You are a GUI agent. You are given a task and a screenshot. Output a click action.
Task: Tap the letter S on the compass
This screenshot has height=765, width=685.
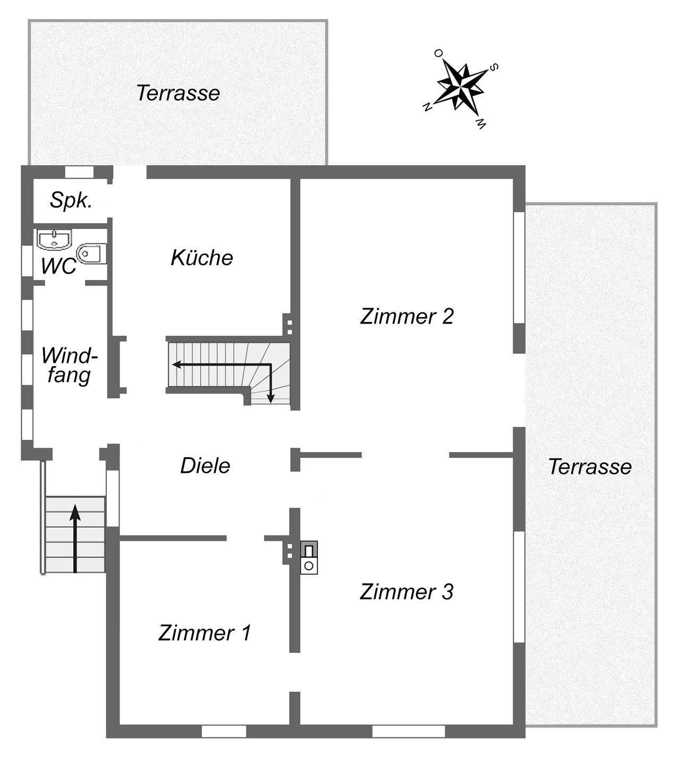click(494, 67)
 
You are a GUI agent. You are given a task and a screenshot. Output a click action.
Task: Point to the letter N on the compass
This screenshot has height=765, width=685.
click(426, 107)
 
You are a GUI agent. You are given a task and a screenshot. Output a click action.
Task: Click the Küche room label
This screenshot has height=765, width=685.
click(202, 258)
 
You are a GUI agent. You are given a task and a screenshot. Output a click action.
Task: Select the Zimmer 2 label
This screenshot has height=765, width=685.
click(407, 316)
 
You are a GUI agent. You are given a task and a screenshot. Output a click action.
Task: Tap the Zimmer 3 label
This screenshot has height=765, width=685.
click(407, 592)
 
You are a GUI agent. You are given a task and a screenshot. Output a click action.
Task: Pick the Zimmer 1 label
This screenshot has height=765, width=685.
click(204, 633)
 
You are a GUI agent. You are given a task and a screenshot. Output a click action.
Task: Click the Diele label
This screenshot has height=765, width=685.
click(205, 466)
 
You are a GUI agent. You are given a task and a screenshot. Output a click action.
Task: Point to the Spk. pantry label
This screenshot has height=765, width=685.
click(71, 200)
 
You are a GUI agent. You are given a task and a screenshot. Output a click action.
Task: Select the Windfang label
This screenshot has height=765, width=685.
click(69, 365)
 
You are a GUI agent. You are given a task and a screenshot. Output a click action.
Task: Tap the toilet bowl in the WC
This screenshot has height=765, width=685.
click(91, 254)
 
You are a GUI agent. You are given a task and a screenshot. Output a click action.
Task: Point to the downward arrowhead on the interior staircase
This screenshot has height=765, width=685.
click(270, 398)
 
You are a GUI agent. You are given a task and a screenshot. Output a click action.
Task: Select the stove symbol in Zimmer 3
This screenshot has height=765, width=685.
click(309, 557)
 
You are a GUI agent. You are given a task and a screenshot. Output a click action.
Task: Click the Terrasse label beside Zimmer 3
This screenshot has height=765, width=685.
click(590, 467)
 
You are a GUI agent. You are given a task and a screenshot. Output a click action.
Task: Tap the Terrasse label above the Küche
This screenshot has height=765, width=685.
click(178, 93)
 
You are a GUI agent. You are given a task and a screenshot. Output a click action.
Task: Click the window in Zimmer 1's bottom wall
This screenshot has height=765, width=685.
click(224, 732)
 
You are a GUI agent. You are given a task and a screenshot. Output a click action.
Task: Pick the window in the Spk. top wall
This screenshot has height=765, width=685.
click(79, 172)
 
